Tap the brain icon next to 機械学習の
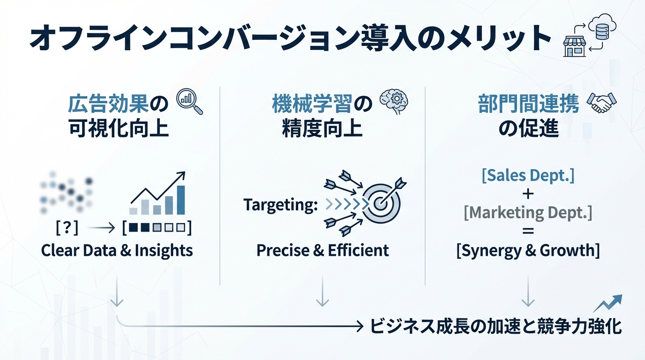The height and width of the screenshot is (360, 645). point(393,101)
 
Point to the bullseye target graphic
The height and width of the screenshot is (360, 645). point(382,204)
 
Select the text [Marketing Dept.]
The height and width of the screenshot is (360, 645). point(528,213)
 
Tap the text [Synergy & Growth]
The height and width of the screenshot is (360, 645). point(528,250)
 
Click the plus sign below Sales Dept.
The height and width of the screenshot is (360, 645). point(528,194)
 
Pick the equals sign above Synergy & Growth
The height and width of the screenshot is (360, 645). point(528,232)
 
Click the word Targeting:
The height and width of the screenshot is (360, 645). point(280,205)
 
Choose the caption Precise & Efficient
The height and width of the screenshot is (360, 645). point(322,250)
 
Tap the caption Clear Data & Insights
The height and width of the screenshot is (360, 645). point(117,250)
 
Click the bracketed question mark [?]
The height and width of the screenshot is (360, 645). point(67,228)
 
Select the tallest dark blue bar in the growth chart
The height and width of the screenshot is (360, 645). point(180,200)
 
